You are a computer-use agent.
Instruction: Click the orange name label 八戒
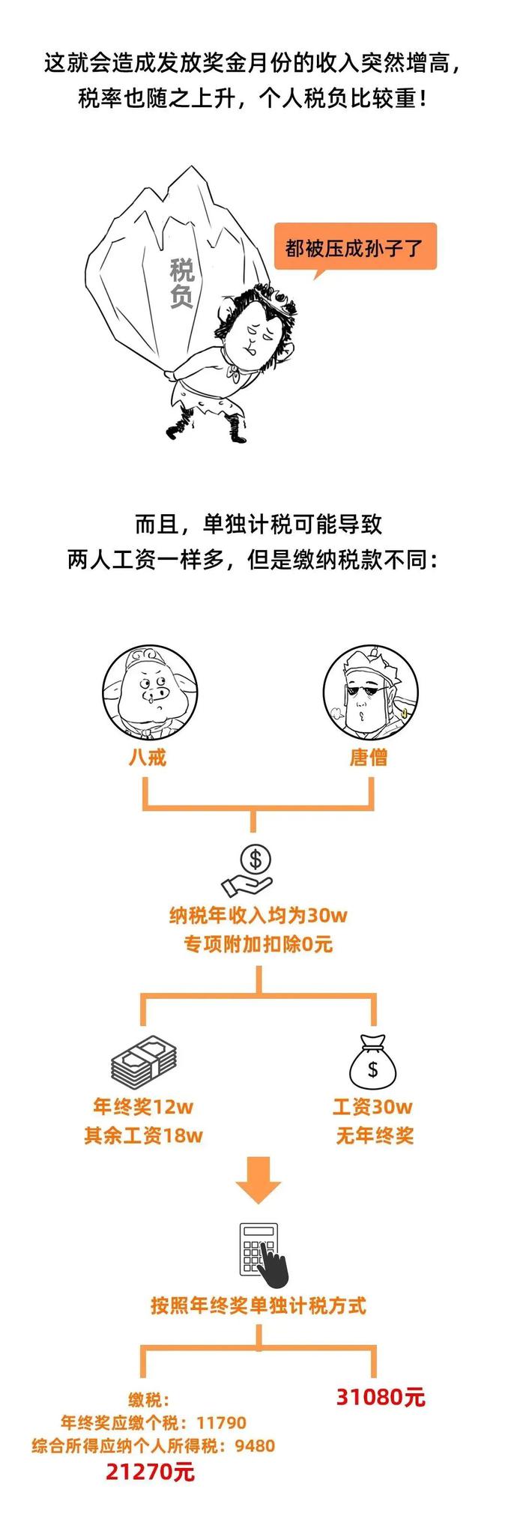[x=147, y=757]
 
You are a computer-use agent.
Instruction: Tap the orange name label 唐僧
[x=369, y=757]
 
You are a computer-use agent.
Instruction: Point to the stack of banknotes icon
[x=144, y=1064]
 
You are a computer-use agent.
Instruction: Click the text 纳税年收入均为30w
[x=258, y=915]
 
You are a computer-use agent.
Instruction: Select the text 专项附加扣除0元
[x=258, y=943]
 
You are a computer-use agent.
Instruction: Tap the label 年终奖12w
[x=143, y=1106]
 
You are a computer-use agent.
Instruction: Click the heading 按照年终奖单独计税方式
[x=258, y=1306]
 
